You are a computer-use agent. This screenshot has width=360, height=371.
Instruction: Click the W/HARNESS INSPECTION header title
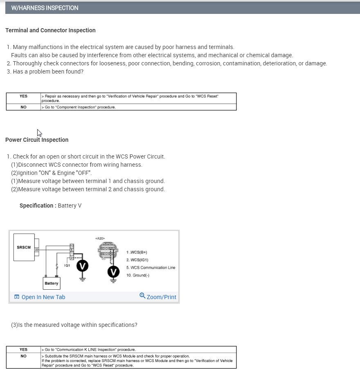point(45,8)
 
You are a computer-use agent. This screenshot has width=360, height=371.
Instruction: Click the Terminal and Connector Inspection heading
point(50,30)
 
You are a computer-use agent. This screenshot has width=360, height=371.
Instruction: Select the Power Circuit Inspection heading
point(37,140)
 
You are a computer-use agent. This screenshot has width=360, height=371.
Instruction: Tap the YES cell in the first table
point(23,96)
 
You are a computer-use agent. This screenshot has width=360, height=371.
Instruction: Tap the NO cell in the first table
point(23,107)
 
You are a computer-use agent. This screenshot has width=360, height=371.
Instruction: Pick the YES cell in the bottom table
point(23,349)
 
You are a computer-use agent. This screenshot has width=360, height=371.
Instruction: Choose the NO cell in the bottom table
point(23,356)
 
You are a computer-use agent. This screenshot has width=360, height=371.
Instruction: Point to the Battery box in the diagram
point(52,283)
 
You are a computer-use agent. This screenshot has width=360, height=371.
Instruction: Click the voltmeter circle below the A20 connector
point(113,272)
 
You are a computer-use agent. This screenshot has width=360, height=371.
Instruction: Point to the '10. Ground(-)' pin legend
point(138,275)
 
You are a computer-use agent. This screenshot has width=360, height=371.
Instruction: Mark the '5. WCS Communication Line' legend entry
point(151,268)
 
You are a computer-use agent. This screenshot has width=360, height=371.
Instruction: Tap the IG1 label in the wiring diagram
point(67,265)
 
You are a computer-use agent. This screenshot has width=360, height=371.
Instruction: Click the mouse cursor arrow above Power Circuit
point(39,133)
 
